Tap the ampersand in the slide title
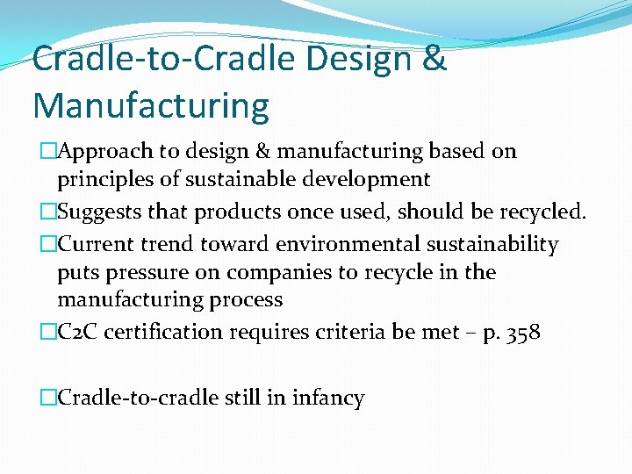pos(434,60)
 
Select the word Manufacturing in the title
pos(151,104)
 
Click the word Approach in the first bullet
pos(104,152)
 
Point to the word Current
pos(97,244)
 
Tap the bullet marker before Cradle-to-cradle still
pos(47,399)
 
